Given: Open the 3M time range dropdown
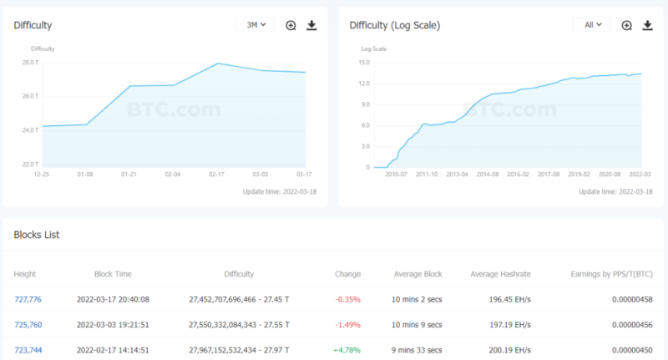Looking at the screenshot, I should point(256,25).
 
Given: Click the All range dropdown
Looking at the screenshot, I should point(592,25).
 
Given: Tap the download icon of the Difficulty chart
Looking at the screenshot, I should point(311,25).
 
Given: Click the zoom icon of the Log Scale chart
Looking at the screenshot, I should point(627,25).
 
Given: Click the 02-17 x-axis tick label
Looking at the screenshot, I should point(216,175).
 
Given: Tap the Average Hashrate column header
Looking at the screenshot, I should point(500,274).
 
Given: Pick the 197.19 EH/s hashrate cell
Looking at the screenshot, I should point(506,324).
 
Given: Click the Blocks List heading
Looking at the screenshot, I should point(37,235).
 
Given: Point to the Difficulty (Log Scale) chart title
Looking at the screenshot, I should point(394,25).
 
